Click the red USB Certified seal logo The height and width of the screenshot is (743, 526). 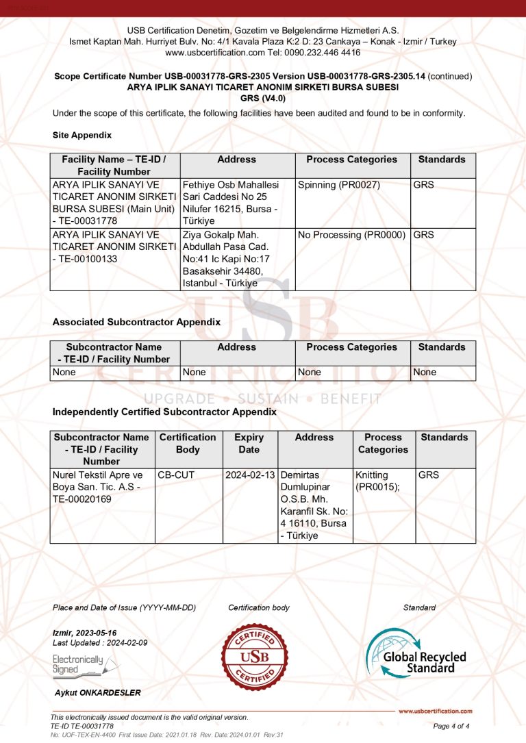click(255, 657)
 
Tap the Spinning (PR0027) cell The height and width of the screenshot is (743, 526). click(339, 185)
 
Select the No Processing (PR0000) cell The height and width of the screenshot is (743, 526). click(352, 235)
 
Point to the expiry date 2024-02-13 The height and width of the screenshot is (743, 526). click(250, 475)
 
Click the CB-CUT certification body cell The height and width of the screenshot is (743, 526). click(176, 475)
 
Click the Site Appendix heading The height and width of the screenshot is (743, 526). click(82, 136)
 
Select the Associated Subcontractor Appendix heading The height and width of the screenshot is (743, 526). click(136, 322)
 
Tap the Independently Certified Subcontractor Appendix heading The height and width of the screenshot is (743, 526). click(164, 412)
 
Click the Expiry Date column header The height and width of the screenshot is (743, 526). click(249, 443)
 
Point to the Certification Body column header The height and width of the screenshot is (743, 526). click(188, 443)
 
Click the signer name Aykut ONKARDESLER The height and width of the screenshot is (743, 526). click(98, 693)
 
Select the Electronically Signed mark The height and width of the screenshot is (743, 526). click(78, 664)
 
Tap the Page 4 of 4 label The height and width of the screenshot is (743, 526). click(451, 726)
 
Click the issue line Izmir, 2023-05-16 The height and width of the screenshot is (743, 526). click(85, 633)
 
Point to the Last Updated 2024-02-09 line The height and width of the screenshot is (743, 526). click(100, 643)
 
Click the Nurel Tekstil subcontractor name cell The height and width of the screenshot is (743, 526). click(102, 487)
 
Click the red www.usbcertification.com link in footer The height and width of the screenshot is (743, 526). click(435, 711)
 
